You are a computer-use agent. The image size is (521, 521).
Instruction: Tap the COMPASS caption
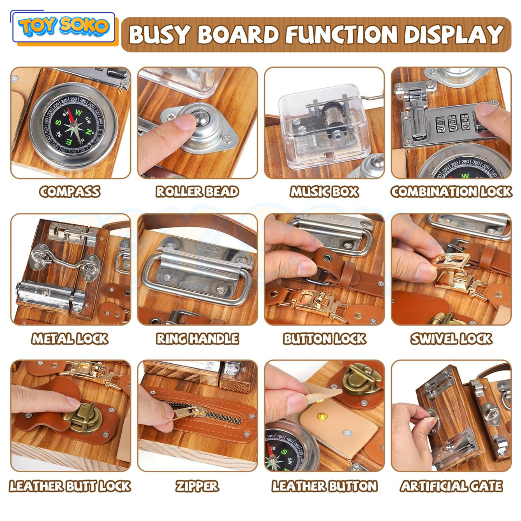(70, 192)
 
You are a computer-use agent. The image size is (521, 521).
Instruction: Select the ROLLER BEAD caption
(197, 192)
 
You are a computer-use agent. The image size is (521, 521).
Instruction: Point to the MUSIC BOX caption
(324, 192)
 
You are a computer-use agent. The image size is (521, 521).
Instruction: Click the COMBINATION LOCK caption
(451, 192)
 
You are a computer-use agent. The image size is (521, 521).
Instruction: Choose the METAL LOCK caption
(70, 339)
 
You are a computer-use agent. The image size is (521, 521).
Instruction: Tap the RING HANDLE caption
(197, 339)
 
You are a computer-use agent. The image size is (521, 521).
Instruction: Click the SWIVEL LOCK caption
(451, 339)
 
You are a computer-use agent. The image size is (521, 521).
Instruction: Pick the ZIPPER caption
(197, 486)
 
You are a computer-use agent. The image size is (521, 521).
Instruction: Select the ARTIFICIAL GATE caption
(451, 486)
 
